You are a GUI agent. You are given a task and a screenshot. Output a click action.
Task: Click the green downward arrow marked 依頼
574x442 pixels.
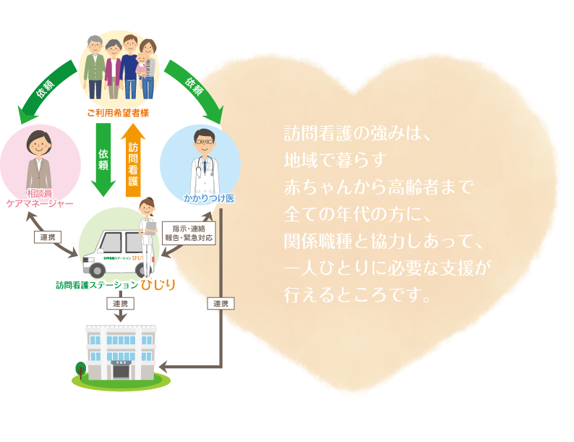pyautogui.click(x=103, y=159)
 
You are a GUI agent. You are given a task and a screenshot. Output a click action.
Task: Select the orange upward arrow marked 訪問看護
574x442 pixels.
pyautogui.click(x=134, y=161)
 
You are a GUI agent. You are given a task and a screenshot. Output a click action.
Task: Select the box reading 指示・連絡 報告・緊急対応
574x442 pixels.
pyautogui.click(x=189, y=231)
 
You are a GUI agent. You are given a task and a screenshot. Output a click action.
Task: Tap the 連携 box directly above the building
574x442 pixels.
pyautogui.click(x=120, y=304)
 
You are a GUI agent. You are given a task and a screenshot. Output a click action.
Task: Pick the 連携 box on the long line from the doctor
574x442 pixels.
pyautogui.click(x=220, y=304)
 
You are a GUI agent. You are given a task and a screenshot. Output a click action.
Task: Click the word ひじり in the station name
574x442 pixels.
pyautogui.click(x=158, y=284)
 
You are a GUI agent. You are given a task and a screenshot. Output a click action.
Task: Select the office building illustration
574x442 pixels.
pyautogui.click(x=121, y=353)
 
